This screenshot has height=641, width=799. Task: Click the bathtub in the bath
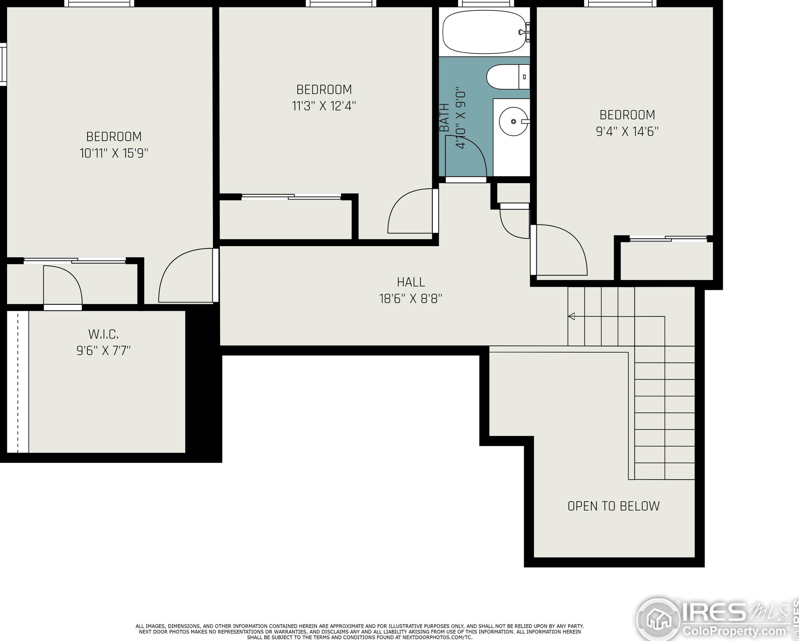(485, 32)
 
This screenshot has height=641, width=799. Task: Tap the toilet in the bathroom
(508, 77)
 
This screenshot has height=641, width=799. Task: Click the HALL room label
(411, 282)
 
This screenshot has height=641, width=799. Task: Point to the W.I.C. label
(104, 334)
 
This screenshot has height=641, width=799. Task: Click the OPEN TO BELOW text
(613, 506)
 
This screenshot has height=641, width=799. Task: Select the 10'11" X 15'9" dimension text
(114, 153)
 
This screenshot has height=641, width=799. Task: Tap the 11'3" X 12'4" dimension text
(324, 106)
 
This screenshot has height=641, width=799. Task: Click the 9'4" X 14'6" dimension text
(627, 131)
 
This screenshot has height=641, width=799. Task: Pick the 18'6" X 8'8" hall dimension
(411, 299)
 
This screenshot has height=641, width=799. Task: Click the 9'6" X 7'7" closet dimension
(104, 350)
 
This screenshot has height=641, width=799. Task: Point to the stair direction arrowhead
(572, 316)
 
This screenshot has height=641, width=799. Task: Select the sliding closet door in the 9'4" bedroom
(668, 239)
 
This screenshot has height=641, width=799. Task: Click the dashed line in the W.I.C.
(17, 382)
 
